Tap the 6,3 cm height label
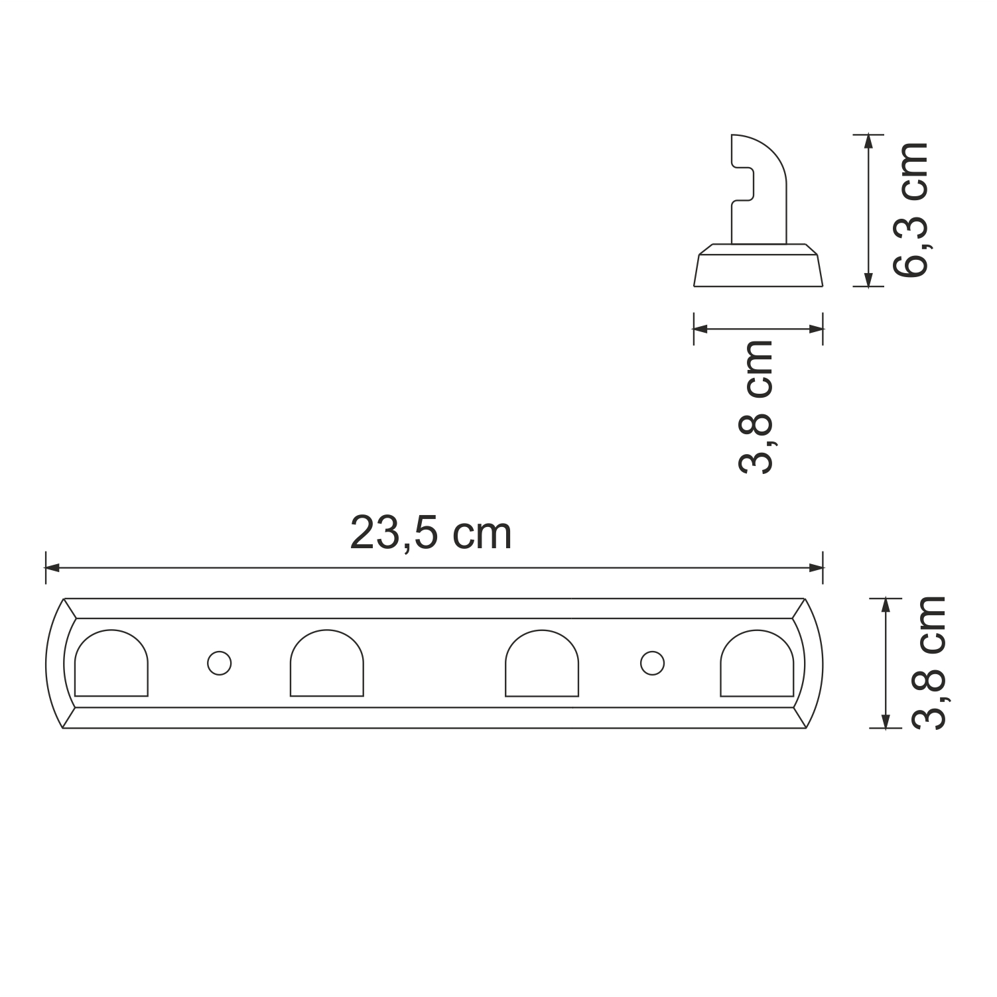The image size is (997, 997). (x=909, y=209)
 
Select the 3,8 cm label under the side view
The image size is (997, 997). (x=756, y=406)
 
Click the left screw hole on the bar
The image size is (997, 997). (x=219, y=663)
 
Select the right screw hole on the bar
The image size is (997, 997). (x=652, y=663)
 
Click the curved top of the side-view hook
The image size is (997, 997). (x=763, y=149)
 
